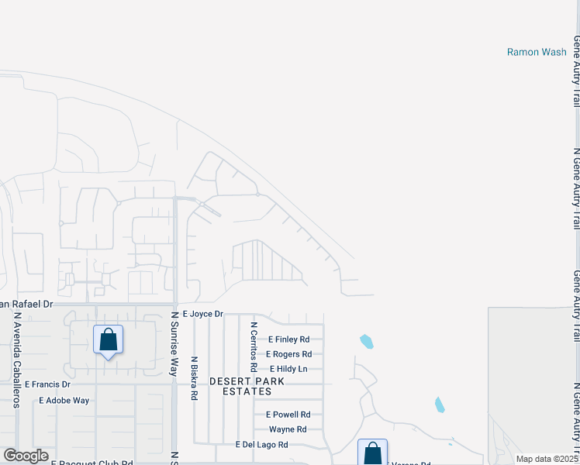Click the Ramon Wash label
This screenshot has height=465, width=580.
click(537, 52)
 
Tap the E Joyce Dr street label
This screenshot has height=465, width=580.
click(203, 314)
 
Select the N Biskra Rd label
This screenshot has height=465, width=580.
click(195, 378)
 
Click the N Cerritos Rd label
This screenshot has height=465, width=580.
click(254, 347)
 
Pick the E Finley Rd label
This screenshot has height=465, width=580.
click(288, 339)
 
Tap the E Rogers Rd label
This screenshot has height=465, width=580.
click(288, 354)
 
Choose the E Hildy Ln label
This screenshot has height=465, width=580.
click(288, 369)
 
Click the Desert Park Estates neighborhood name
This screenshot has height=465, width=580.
click(247, 387)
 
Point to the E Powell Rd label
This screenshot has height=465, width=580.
click(288, 415)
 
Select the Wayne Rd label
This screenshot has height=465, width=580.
click(288, 429)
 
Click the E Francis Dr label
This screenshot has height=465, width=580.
click(47, 384)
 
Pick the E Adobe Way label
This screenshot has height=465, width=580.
click(64, 401)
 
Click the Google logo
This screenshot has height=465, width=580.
click(26, 456)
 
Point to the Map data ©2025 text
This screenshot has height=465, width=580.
click(547, 459)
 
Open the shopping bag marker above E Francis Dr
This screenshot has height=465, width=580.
click(108, 339)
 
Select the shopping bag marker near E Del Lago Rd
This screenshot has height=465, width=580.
click(372, 452)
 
